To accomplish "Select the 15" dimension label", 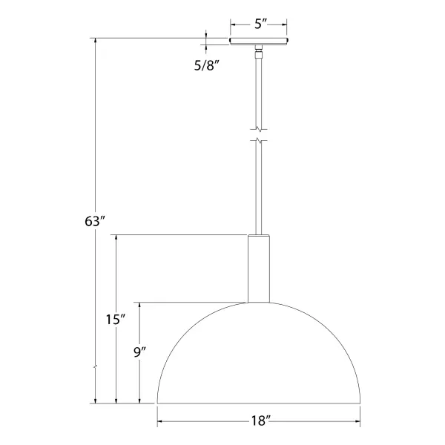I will click(115, 320).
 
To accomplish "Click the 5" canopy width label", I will click(260, 24).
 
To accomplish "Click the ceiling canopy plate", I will click(260, 42).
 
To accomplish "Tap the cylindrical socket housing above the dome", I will click(259, 268).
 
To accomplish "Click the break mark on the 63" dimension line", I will click(95, 366).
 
